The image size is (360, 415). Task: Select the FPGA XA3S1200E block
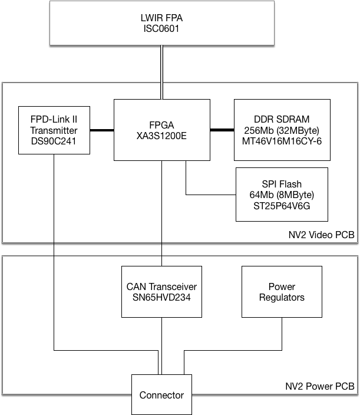pyautogui.click(x=161, y=130)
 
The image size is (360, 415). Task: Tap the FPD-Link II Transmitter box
pyautogui.click(x=54, y=130)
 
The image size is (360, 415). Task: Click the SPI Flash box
pyautogui.click(x=282, y=195)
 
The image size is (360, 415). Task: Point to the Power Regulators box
pyautogui.click(x=282, y=292)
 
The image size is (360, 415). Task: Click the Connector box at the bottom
pyautogui.click(x=161, y=394)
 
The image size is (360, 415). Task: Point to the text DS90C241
pyautogui.click(x=54, y=141)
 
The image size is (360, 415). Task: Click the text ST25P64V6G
pyautogui.click(x=282, y=206)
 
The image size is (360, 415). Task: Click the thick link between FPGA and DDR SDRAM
pyautogui.click(x=222, y=130)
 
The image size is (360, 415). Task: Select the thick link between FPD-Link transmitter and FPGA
pyautogui.click(x=101, y=130)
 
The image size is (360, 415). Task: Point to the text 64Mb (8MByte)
pyautogui.click(x=282, y=195)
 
